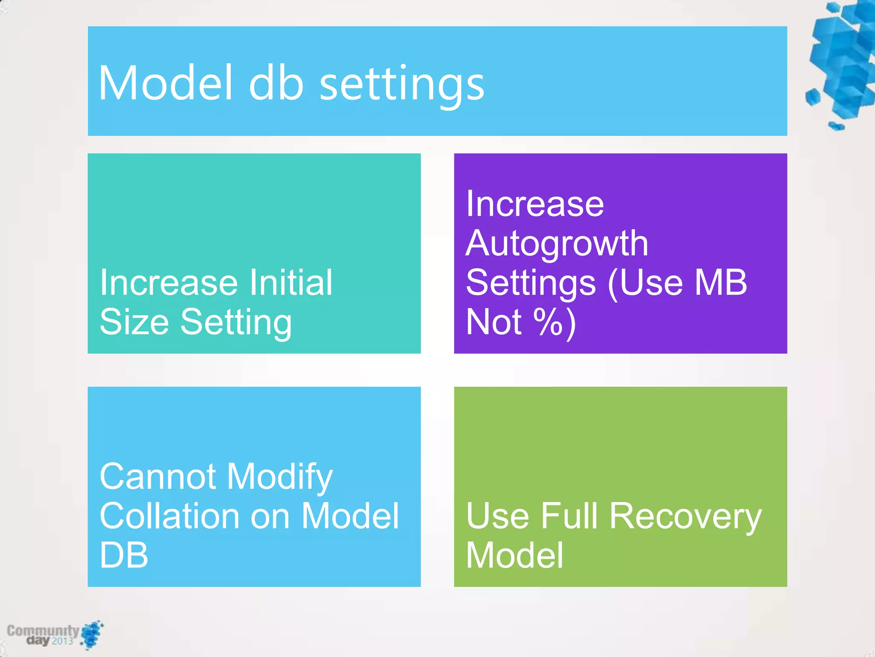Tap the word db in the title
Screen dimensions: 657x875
click(276, 83)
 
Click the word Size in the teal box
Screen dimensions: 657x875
click(134, 322)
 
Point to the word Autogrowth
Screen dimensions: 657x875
click(557, 244)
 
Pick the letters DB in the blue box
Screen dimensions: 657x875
click(124, 555)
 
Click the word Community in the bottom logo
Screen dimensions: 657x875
click(43, 630)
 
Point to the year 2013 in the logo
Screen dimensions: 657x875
click(62, 641)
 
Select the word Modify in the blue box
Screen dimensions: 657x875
click(279, 477)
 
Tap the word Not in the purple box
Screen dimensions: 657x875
click(493, 322)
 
